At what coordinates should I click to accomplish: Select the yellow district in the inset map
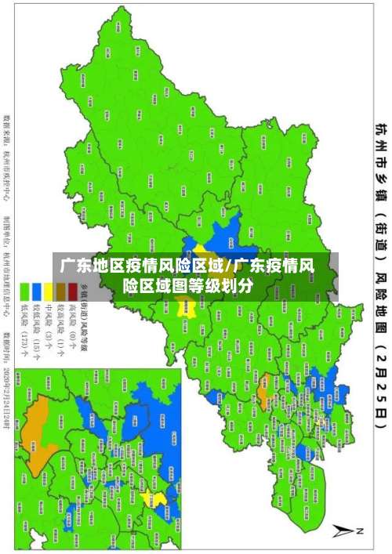159,521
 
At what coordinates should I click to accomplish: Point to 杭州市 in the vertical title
379,141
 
